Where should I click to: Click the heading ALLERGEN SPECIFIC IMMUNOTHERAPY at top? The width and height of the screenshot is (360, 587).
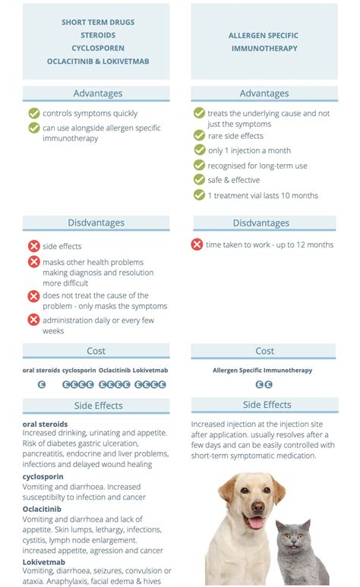(263, 42)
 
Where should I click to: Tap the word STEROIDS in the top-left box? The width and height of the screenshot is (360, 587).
(98, 35)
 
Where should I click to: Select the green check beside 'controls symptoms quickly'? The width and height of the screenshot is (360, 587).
(34, 113)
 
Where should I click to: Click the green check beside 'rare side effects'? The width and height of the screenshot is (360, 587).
(199, 136)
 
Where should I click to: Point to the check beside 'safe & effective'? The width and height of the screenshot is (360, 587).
(199, 180)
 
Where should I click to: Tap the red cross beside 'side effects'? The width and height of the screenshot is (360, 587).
(34, 246)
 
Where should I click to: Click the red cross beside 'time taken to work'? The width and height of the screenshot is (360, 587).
(197, 245)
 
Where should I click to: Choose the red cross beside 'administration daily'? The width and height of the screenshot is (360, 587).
(34, 320)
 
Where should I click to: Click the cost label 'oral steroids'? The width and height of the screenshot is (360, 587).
(41, 370)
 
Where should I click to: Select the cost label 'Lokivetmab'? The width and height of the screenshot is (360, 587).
(150, 370)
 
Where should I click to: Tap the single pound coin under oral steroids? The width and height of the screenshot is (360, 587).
(42, 384)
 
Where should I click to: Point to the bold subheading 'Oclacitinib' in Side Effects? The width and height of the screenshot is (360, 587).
(43, 509)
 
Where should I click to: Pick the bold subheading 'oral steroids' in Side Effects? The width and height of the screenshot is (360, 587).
(45, 424)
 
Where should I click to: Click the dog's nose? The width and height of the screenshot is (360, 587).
(255, 508)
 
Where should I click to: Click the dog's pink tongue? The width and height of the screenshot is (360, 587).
(256, 523)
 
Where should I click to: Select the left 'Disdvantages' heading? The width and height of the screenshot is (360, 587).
(96, 222)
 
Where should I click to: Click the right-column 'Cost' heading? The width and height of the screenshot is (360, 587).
(264, 351)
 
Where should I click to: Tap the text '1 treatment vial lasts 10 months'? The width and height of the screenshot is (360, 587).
(263, 195)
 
